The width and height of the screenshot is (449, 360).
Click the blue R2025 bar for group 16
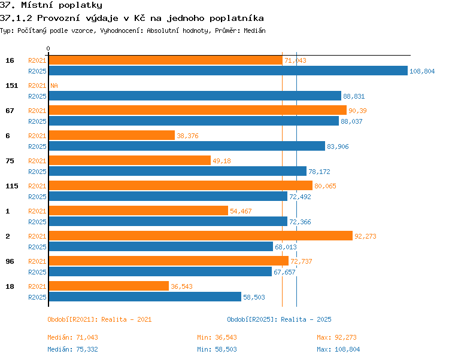coord(228,71)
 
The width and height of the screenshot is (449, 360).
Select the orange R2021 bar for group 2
coord(201,236)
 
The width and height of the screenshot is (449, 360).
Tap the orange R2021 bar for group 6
coord(112,135)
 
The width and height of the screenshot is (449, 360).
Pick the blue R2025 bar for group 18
coord(145,297)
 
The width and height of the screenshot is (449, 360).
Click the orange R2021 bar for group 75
coord(130,160)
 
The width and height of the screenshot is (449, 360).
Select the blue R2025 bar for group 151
coord(195,96)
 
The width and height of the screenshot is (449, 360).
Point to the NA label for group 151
coord(54,86)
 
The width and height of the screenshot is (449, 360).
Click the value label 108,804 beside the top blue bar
coord(422,71)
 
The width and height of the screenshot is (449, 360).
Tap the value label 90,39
coord(357,111)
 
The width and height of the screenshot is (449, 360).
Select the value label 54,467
coord(241,211)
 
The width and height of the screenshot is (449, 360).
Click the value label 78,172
coord(319,172)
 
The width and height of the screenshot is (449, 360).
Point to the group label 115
coord(12,186)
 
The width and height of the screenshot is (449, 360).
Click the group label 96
coord(10,261)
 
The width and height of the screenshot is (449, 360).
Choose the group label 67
coord(10,111)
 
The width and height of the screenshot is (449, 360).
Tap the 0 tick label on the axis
coord(48,48)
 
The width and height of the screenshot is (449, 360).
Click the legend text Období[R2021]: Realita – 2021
coord(99,319)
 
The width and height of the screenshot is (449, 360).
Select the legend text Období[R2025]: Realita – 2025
coord(279,319)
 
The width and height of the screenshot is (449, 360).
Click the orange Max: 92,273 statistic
coord(336,337)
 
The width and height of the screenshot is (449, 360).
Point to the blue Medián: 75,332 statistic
coord(72,349)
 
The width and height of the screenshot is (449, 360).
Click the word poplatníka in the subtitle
coord(236,19)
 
